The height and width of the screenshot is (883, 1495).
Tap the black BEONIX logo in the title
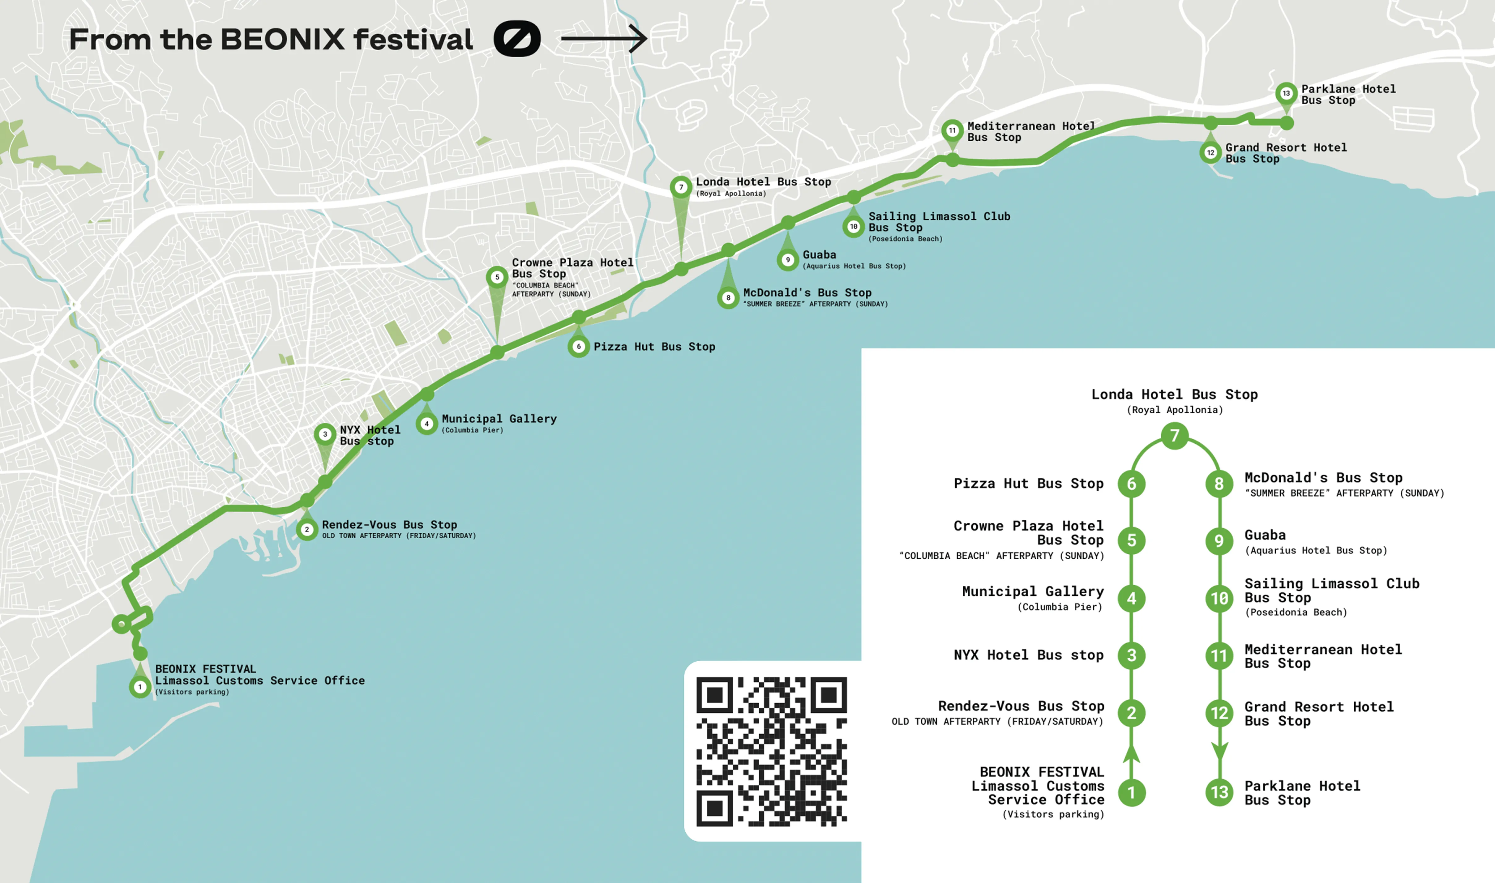click(516, 39)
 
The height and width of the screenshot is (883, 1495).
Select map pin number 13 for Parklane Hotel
click(1286, 93)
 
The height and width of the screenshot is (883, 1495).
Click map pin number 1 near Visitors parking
click(140, 687)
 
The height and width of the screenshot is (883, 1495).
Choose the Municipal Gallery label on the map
click(499, 419)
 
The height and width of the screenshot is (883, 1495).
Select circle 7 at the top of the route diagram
click(1174, 436)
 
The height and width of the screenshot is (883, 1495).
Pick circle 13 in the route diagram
click(1219, 792)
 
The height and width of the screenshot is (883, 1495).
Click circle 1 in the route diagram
click(1131, 792)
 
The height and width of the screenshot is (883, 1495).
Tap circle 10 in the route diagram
click(1219, 598)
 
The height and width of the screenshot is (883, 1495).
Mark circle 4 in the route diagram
click(1131, 598)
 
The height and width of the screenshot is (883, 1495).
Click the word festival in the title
click(413, 39)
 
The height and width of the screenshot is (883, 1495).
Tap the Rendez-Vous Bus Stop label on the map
click(389, 525)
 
